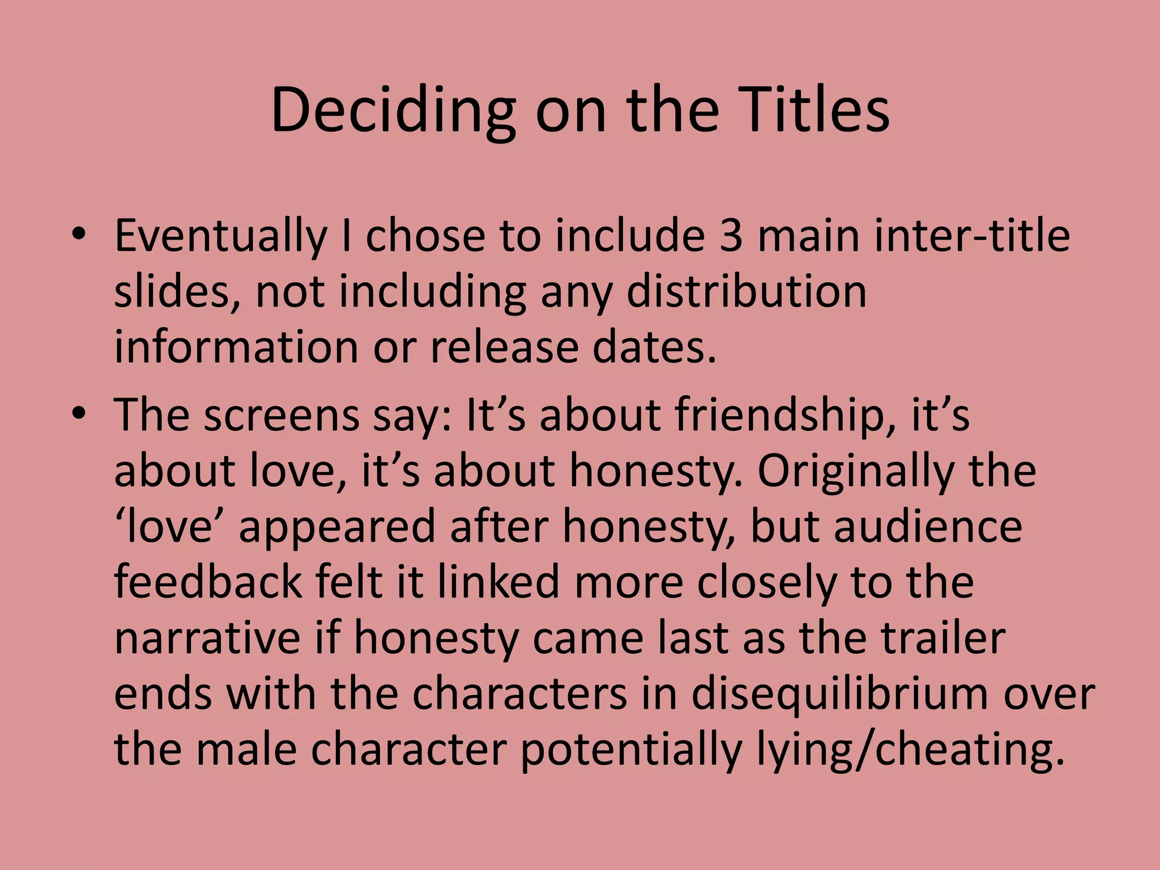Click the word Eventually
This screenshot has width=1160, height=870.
coord(221,236)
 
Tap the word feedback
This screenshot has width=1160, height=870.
coord(208,582)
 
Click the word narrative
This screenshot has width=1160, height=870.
coord(207,638)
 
